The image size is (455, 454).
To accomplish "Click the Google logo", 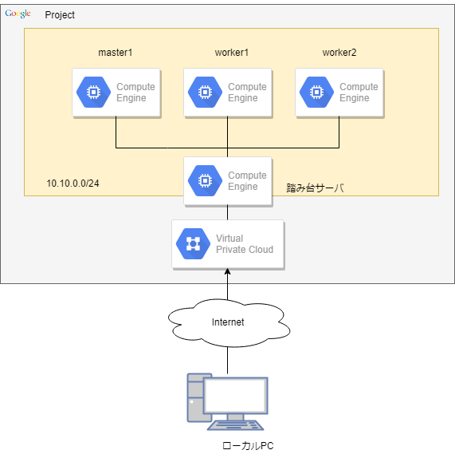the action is pyautogui.click(x=18, y=14).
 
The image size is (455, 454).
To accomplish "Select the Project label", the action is pyautogui.click(x=60, y=15).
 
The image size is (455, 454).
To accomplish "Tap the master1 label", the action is pyautogui.click(x=116, y=53).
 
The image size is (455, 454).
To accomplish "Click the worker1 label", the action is pyautogui.click(x=232, y=53).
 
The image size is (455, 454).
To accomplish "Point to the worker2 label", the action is pyautogui.click(x=339, y=53).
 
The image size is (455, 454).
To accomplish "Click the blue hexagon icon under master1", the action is pyautogui.click(x=93, y=92).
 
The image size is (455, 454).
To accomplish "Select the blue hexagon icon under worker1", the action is pyautogui.click(x=205, y=92).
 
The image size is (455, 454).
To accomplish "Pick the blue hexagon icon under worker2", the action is pyautogui.click(x=316, y=92).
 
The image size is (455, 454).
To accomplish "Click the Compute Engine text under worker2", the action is pyautogui.click(x=359, y=92).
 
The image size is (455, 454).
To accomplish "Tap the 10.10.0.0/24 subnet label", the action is pyautogui.click(x=73, y=184).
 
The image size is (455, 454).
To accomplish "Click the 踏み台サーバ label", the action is pyautogui.click(x=315, y=188).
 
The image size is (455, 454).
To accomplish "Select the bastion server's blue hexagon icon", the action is pyautogui.click(x=205, y=180).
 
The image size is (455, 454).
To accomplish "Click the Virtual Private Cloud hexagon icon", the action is pyautogui.click(x=194, y=243).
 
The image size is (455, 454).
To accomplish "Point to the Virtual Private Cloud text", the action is pyautogui.click(x=245, y=243).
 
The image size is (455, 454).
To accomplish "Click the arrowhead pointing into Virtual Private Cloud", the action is pyautogui.click(x=228, y=271).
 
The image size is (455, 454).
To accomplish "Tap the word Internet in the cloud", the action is pyautogui.click(x=228, y=322).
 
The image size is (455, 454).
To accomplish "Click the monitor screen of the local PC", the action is pyautogui.click(x=235, y=395).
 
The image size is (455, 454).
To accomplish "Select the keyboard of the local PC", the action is pyautogui.click(x=235, y=425).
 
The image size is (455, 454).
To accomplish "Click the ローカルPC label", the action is pyautogui.click(x=248, y=445).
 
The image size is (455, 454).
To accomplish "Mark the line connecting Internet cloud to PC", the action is pyautogui.click(x=228, y=360).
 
